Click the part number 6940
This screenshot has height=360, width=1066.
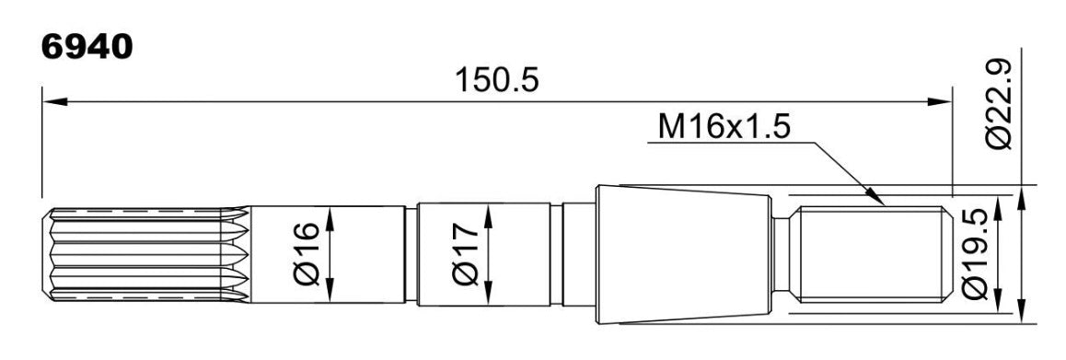(x=87, y=48)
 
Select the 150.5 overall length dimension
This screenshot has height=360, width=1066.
(x=496, y=80)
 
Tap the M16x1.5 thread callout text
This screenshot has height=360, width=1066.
(x=724, y=126)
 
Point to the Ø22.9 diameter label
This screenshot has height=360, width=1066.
(x=999, y=103)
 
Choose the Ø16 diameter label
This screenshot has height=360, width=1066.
(x=308, y=254)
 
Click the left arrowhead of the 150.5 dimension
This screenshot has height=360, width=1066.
(x=55, y=101)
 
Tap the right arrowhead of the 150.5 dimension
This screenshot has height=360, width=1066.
(x=939, y=101)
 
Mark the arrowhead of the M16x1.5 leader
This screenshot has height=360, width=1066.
(x=875, y=196)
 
